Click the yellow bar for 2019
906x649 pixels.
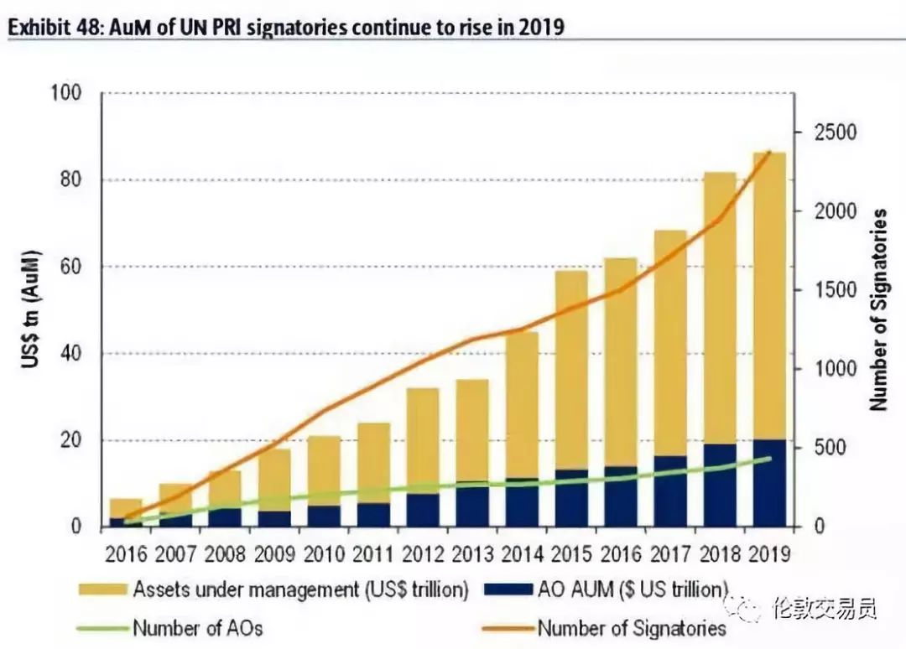pyautogui.click(x=768, y=293)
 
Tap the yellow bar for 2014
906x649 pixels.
pyautogui.click(x=522, y=402)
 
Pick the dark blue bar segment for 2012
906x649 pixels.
pyautogui.click(x=423, y=510)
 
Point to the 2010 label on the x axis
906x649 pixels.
pyautogui.click(x=324, y=554)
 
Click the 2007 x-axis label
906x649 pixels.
pyautogui.click(x=176, y=554)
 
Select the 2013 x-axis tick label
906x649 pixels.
pyautogui.click(x=472, y=554)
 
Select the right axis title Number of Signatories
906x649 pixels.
pyautogui.click(x=878, y=309)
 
